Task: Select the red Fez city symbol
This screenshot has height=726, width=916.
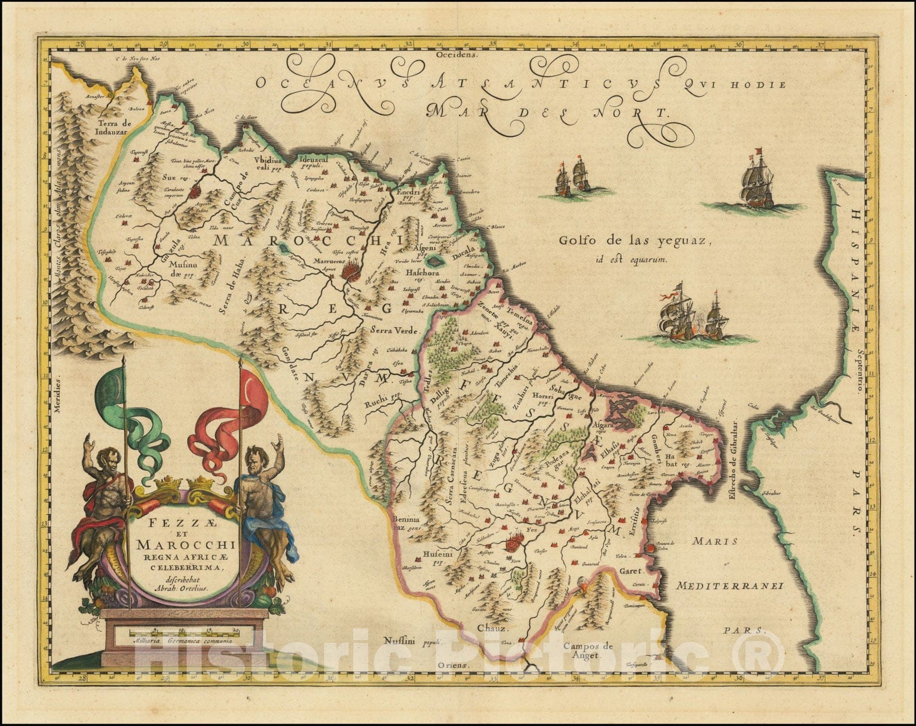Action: tap(514, 539)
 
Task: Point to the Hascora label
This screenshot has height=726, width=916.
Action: tap(423, 273)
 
